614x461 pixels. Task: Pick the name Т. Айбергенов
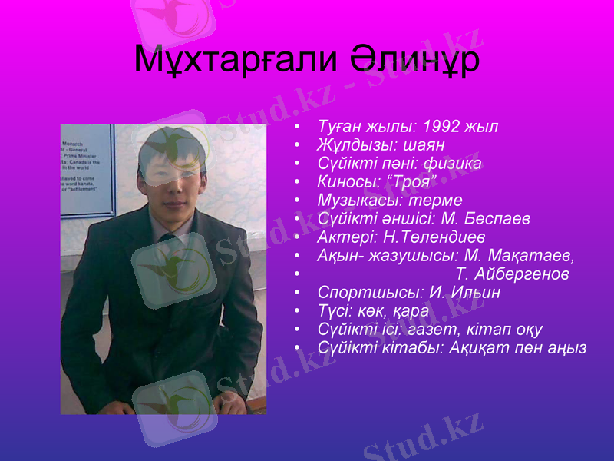512,274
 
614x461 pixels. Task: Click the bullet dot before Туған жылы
297,126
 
